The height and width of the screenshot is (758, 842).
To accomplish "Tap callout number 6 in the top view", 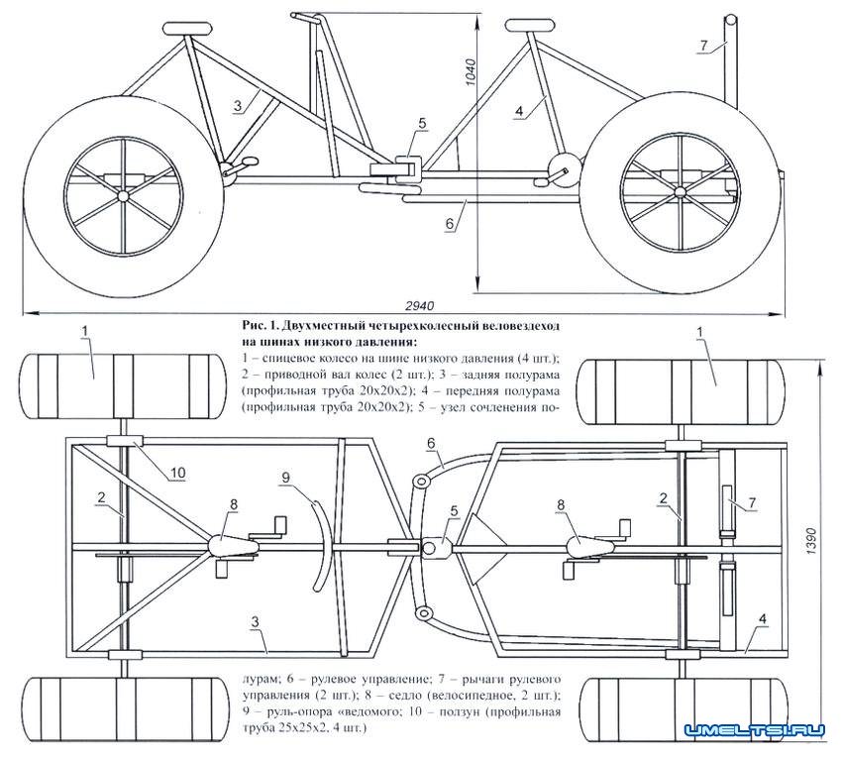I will (432, 442).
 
